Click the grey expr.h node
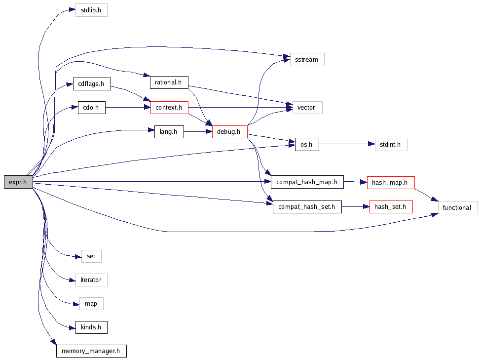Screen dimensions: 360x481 coord(18,182)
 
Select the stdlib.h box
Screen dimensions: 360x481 coord(91,10)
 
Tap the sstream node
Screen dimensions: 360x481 coord(307,60)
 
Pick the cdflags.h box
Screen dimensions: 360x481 coord(91,83)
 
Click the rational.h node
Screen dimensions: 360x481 coord(169,82)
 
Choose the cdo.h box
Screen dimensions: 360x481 coord(91,107)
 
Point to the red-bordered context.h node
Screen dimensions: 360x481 coord(169,107)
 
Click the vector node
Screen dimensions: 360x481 coord(307,107)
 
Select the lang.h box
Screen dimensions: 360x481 coord(169,131)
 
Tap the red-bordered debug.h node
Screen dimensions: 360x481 coord(229,131)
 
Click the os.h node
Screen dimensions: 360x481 coord(307,145)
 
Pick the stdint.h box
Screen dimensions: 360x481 coord(391,145)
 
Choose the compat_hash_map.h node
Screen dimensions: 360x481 coord(306,182)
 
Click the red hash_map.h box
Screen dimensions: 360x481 coord(390,182)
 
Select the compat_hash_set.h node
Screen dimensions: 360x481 coord(307,207)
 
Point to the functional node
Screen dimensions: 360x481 coord(457,207)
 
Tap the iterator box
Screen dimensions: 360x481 coord(91,280)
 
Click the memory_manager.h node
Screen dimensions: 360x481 coord(91,351)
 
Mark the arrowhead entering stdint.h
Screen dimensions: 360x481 coord(372,145)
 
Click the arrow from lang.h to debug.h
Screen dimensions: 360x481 coord(198,132)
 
